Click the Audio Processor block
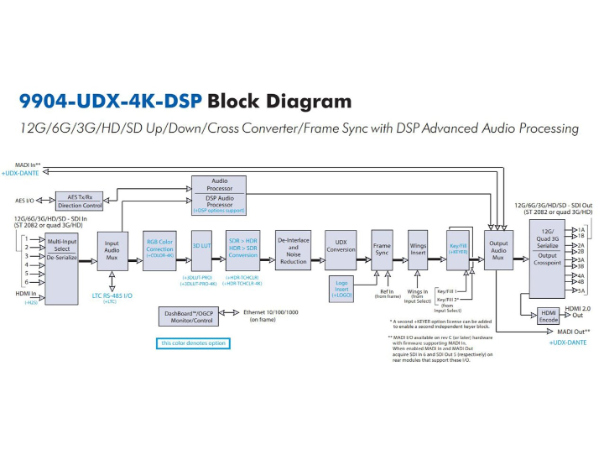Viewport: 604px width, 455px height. pos(219,194)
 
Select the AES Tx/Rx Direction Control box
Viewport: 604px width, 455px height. pos(80,201)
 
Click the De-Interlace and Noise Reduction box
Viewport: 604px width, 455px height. pos(293,250)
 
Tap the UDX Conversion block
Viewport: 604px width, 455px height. pos(340,249)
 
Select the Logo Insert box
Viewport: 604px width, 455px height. pos(343,289)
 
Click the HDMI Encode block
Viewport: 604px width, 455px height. pos(549,316)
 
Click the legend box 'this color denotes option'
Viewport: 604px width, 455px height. pos(195,343)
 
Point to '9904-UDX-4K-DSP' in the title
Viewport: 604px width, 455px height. pos(110,102)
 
